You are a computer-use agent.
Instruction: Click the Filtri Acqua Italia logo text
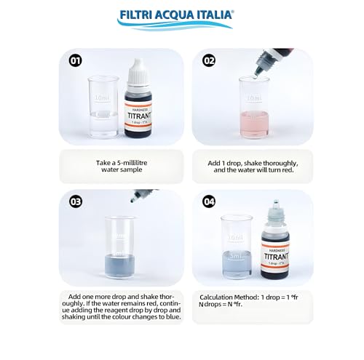[x=182, y=14]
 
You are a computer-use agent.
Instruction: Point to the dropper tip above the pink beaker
[x=253, y=70]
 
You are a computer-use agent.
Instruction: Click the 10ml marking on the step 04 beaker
[x=235, y=238]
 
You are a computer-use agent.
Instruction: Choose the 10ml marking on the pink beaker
[x=253, y=97]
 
